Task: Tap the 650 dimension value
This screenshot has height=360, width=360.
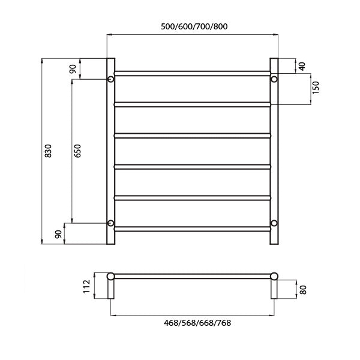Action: coord(77,151)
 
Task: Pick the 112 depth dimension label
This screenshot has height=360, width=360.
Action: coord(86,287)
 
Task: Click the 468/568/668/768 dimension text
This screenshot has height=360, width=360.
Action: coord(193,323)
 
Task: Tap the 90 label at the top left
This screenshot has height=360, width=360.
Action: coord(73,68)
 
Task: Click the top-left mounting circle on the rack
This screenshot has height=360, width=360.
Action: coord(111,79)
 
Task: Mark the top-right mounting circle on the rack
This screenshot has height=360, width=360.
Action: coord(274,79)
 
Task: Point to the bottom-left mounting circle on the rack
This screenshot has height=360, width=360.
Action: coord(111,223)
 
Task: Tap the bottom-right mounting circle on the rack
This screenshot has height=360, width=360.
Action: coord(274,223)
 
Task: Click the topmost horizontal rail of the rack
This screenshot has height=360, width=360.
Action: coord(192,73)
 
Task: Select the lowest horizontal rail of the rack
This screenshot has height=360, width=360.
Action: coord(192,229)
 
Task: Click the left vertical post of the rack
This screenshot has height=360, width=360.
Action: coord(110,150)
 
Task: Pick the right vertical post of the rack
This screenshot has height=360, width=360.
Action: coord(274,150)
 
